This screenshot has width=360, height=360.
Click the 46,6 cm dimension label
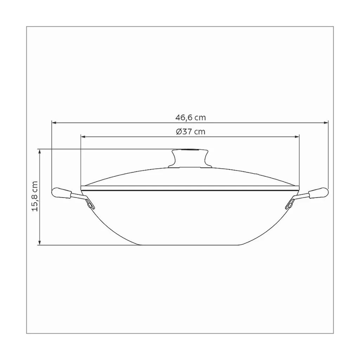(190, 118)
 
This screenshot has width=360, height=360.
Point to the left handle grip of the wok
(62, 193)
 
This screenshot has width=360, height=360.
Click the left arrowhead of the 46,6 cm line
(54, 122)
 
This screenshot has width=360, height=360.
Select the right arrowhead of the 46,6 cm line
(326, 122)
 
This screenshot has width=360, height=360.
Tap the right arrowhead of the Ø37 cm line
(297, 135)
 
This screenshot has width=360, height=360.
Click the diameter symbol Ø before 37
(179, 132)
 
